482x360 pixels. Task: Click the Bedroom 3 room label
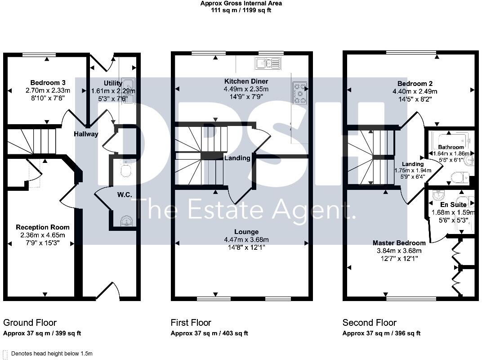click(x=48, y=83)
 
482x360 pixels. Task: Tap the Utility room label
click(x=113, y=83)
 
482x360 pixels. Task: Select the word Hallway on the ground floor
click(x=86, y=134)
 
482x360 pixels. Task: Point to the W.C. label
click(x=124, y=195)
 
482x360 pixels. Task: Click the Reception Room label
click(x=43, y=227)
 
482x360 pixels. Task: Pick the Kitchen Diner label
click(x=246, y=81)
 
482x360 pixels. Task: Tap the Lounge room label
click(x=246, y=232)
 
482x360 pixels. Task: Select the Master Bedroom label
click(x=399, y=243)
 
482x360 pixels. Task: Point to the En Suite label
click(x=451, y=205)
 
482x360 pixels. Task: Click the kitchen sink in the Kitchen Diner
click(x=268, y=63)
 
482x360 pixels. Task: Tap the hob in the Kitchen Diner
click(x=300, y=93)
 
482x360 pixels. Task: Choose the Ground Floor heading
click(x=30, y=323)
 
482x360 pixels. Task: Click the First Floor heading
click(x=191, y=323)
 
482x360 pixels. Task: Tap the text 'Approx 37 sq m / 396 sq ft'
click(x=381, y=333)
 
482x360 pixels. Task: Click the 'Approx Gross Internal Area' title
click(x=241, y=3)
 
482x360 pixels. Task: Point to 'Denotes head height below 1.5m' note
click(x=51, y=354)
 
